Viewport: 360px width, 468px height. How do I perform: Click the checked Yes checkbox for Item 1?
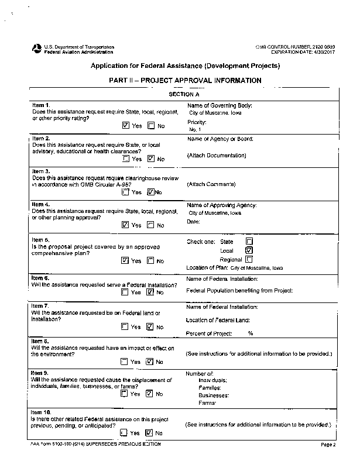click(x=126, y=125)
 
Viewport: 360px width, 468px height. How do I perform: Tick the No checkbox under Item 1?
click(x=151, y=125)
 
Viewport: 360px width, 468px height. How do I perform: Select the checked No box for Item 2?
click(x=151, y=159)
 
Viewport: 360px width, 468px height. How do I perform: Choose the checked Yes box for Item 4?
click(x=126, y=225)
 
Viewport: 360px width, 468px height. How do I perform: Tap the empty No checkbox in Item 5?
click(x=150, y=260)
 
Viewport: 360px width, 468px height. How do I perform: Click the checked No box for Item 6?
click(x=150, y=292)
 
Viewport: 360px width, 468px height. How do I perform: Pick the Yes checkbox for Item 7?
click(x=125, y=327)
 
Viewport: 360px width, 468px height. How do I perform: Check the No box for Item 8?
click(x=150, y=362)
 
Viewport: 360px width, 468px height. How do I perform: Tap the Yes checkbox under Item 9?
click(x=124, y=394)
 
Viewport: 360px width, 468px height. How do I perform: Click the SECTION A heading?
click(x=184, y=94)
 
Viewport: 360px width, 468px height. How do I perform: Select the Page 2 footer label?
click(x=328, y=445)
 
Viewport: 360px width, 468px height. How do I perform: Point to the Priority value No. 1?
click(x=195, y=129)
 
